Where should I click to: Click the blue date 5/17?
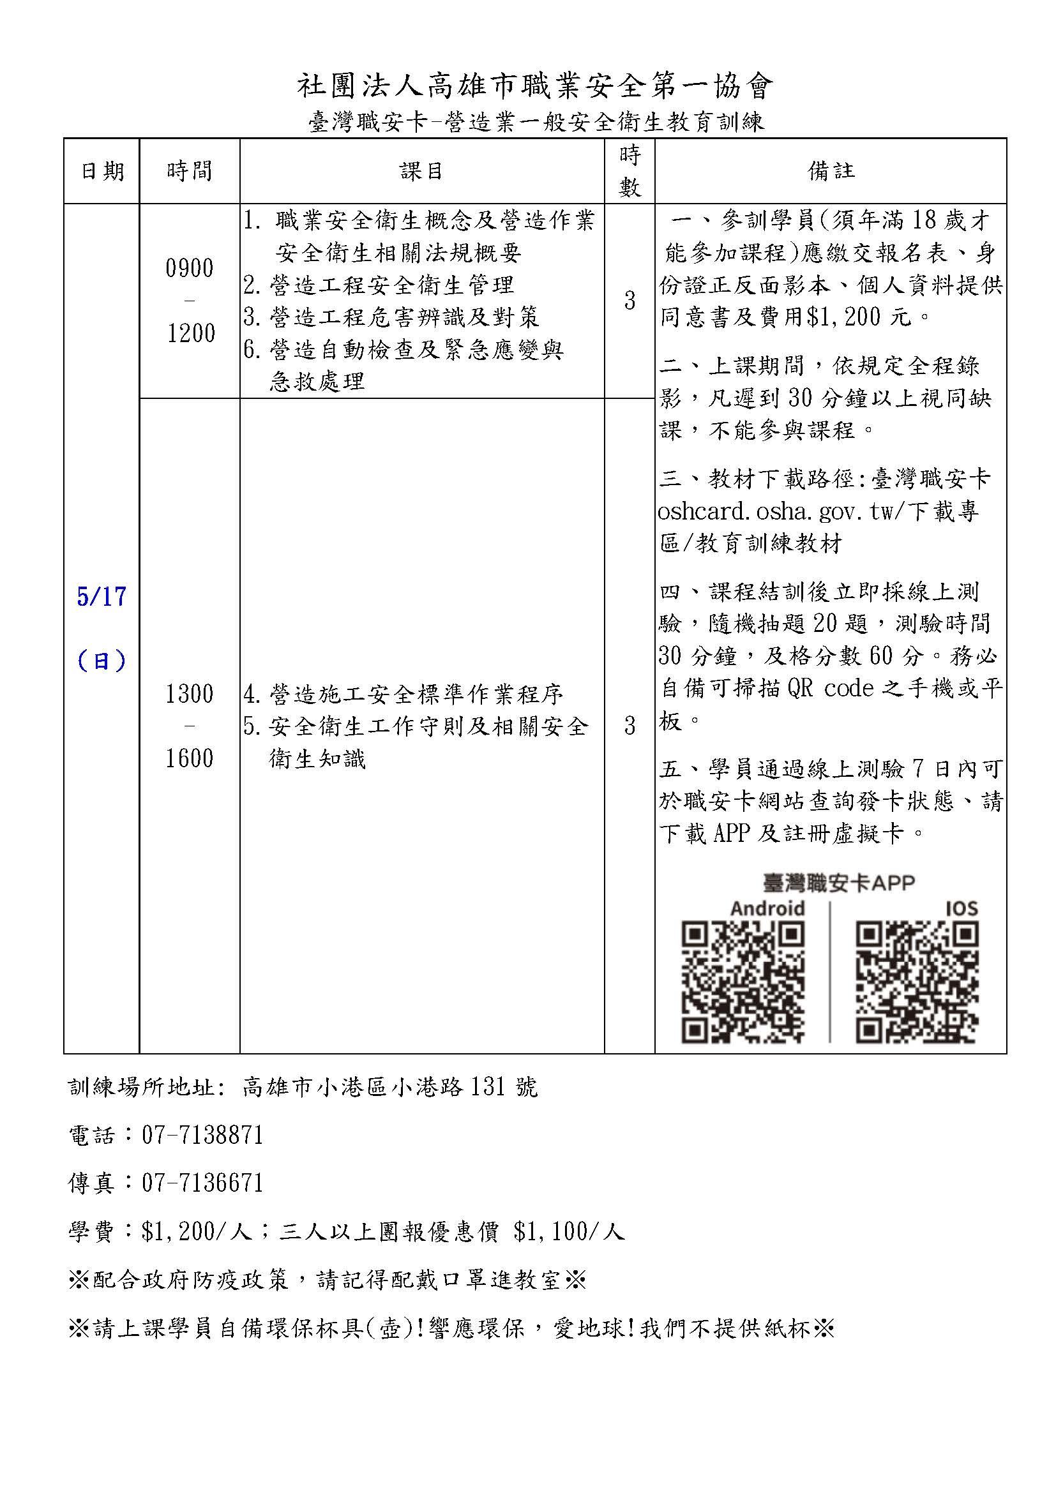coord(102,596)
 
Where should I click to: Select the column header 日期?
coord(102,171)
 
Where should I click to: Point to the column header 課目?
coord(421,171)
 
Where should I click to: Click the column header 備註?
coord(831,171)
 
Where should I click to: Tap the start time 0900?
coord(189,268)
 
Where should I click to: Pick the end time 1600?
coord(189,758)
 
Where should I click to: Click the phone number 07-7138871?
coord(202,1135)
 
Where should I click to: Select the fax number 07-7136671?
coord(202,1182)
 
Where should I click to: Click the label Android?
coord(767,908)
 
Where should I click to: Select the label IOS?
coord(961,908)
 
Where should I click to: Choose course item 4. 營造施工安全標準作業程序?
coord(403,694)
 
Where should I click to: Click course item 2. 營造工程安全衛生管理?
coord(379,285)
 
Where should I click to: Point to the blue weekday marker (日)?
coord(102,661)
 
